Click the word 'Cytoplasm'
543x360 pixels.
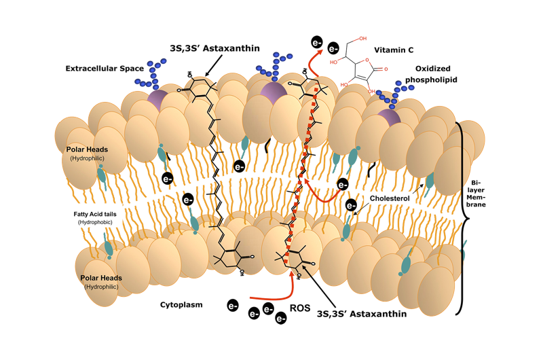(x=181, y=305)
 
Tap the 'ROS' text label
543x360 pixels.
(x=300, y=308)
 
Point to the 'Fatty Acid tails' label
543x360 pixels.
(x=95, y=213)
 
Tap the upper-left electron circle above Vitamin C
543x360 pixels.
(x=317, y=41)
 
